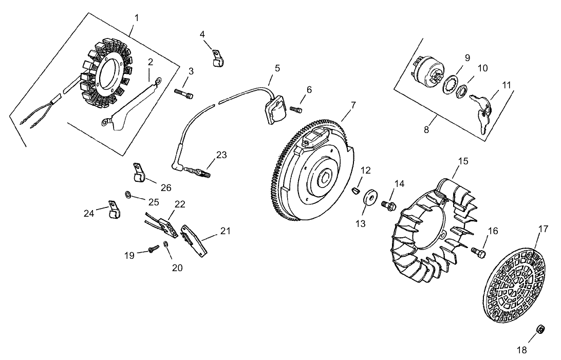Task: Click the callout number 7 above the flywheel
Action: pyautogui.click(x=353, y=105)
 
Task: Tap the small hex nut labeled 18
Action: pyautogui.click(x=540, y=329)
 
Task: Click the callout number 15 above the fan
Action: pyautogui.click(x=463, y=161)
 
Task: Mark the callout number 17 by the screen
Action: pyautogui.click(x=543, y=229)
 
